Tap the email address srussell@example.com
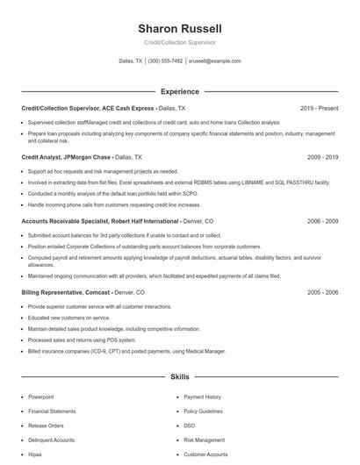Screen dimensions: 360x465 [x=214, y=61]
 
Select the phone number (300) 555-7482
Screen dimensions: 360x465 [x=165, y=61]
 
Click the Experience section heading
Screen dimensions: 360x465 [x=179, y=91]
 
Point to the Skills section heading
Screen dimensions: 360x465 [x=179, y=377]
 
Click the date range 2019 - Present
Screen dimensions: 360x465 [x=319, y=108]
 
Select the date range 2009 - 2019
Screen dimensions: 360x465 [x=322, y=157]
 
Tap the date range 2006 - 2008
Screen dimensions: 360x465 [x=322, y=222]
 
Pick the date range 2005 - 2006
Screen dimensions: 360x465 [x=322, y=291]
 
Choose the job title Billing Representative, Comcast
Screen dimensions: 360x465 [x=66, y=291]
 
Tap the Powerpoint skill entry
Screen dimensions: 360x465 [x=40, y=397]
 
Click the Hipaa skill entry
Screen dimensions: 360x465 [x=36, y=454]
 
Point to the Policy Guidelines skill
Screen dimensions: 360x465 [x=204, y=411]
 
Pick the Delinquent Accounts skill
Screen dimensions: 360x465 [x=51, y=440]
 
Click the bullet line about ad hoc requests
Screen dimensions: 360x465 [x=103, y=171]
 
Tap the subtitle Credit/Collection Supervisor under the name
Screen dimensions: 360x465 [x=179, y=42]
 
